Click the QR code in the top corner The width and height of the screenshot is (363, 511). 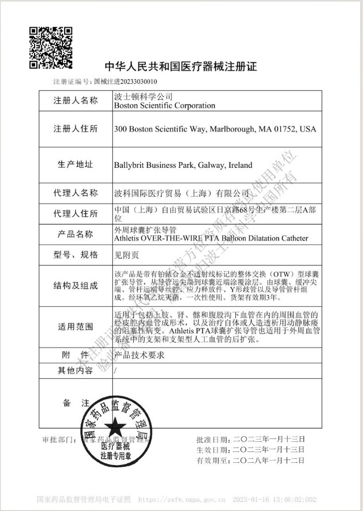coord(50,47)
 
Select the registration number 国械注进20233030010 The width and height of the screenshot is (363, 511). coord(125,82)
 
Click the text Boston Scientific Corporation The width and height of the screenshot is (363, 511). coord(164,105)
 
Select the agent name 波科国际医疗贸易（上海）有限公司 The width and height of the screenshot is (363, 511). coord(181,193)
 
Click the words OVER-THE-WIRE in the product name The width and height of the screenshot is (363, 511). coord(173,238)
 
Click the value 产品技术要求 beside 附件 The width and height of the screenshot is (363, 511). coord(139,355)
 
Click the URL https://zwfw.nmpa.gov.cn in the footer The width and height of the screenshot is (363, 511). coord(182,500)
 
